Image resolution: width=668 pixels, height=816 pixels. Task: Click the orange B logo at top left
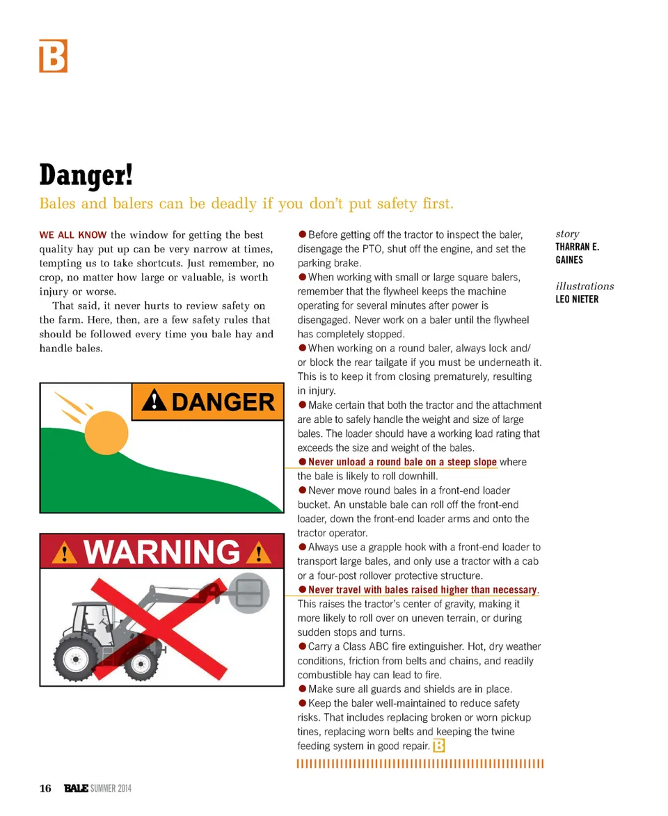tap(53, 56)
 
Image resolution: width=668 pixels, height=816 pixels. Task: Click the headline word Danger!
tap(86, 175)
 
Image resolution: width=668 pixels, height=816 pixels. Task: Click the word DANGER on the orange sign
tap(223, 402)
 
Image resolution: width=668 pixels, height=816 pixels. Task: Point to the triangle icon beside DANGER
tap(154, 401)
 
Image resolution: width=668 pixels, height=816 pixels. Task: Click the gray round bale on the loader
tap(248, 593)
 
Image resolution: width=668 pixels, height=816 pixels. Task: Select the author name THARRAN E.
tap(577, 247)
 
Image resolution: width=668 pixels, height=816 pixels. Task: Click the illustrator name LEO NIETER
tap(577, 299)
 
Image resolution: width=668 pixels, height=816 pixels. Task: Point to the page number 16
tap(45, 788)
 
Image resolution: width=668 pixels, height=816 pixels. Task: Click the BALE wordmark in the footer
tap(76, 788)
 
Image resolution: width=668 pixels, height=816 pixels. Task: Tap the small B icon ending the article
tap(438, 746)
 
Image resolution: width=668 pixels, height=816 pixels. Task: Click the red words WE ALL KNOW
tap(73, 235)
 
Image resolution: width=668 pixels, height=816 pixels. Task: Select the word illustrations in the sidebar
tap(584, 286)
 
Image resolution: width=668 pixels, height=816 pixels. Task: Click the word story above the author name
tap(567, 234)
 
